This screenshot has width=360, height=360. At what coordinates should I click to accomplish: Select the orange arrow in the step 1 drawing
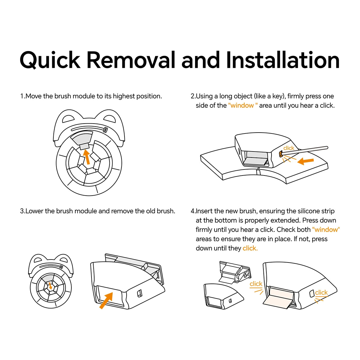tap(87, 157)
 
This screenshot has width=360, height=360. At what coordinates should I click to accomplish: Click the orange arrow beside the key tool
tap(305, 161)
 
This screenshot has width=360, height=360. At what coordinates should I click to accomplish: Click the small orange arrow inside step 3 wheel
tap(50, 286)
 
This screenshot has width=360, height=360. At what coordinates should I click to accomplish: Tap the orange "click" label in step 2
tap(289, 148)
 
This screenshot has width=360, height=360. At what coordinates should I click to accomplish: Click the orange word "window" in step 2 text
tap(242, 106)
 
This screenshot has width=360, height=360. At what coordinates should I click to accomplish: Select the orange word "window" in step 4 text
tap(326, 230)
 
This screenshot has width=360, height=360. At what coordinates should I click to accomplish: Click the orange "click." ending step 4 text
tap(250, 248)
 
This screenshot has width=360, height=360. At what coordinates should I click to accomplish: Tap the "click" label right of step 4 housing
tap(321, 292)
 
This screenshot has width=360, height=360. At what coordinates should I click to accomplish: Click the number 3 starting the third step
tap(22, 211)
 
